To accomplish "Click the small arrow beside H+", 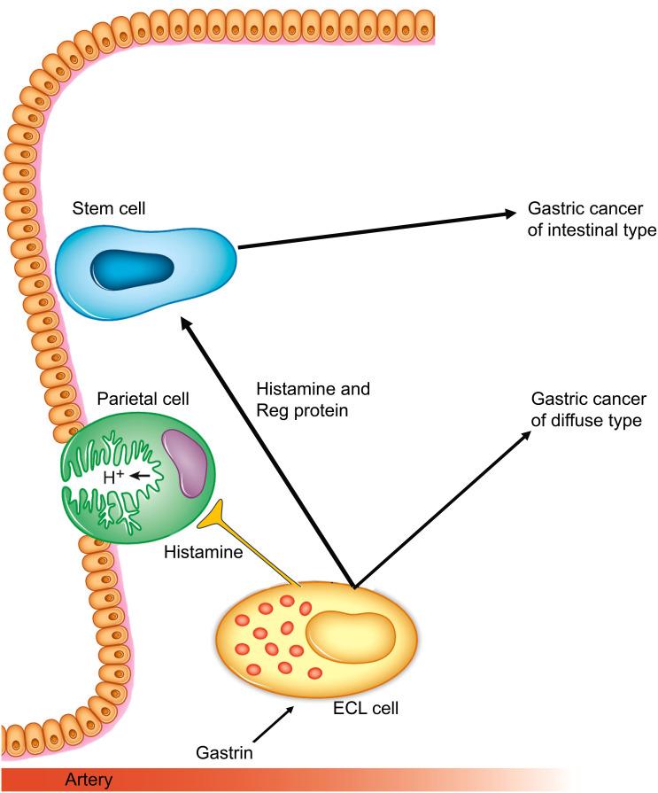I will click(x=138, y=477).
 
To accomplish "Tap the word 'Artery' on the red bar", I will click(x=89, y=781).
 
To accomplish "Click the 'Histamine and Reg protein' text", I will click(x=312, y=399).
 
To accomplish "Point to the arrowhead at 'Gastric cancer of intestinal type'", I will click(x=508, y=213).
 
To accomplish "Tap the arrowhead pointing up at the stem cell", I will click(x=188, y=325).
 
